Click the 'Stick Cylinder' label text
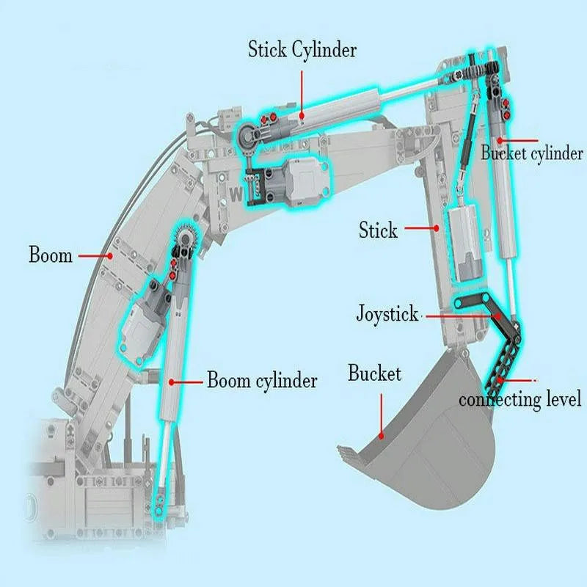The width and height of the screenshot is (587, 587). point(302,50)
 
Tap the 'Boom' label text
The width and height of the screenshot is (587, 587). point(51,255)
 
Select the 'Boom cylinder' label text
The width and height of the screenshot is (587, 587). point(262,380)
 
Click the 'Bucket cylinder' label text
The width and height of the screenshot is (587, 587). point(532,153)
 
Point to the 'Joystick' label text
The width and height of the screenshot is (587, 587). point(387,314)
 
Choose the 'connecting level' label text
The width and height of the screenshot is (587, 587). point(520,399)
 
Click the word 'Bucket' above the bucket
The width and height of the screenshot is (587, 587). point(374,373)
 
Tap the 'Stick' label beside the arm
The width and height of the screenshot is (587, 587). point(378,230)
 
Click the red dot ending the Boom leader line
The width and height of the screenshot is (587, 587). point(109,256)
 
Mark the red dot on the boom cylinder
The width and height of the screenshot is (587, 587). point(172,382)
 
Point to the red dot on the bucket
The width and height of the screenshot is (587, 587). point(382,436)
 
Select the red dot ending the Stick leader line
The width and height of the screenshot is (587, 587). point(437,227)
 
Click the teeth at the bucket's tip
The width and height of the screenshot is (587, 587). point(348,453)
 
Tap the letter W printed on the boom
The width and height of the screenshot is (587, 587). point(236,194)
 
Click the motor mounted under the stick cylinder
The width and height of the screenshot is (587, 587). point(288,181)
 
